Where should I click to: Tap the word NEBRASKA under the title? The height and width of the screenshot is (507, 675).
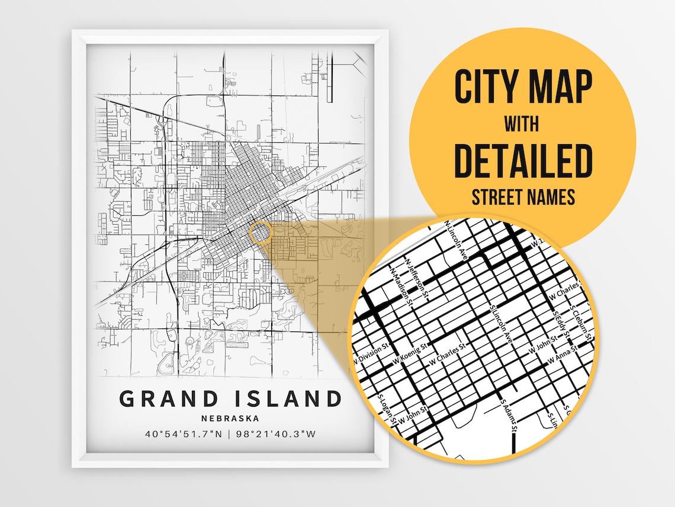click(x=230, y=418)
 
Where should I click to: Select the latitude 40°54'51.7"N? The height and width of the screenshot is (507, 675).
click(x=184, y=434)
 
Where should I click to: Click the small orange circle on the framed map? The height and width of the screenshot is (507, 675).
click(x=260, y=232)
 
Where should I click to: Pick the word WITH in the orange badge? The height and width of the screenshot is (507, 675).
click(x=521, y=125)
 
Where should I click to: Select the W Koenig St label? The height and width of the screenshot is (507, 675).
click(x=410, y=352)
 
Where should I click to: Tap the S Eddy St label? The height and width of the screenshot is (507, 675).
click(x=559, y=323)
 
